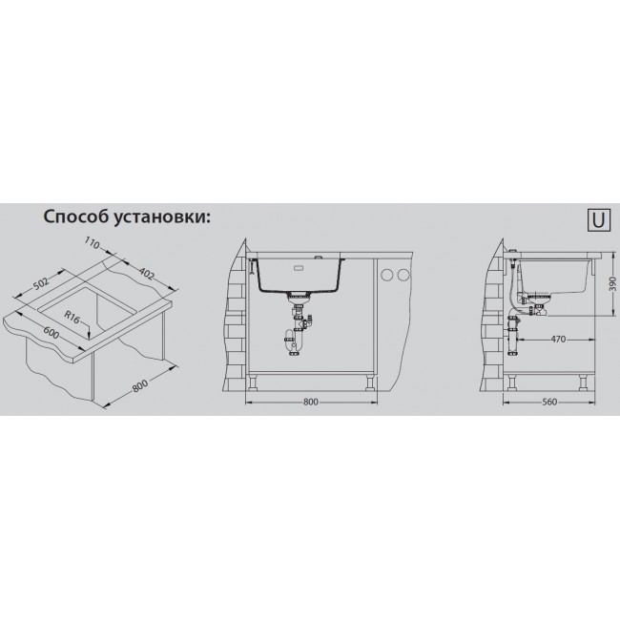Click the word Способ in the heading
tap(75, 217)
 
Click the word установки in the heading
tap(162, 217)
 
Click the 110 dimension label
tap(92, 244)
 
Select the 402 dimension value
tap(147, 274)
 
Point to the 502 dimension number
tap(41, 283)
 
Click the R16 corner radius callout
tap(72, 317)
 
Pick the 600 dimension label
tap(51, 333)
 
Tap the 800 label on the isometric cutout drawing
tap(139, 386)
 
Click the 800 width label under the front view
tap(311, 402)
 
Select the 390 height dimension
tap(612, 283)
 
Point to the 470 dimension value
tap(558, 339)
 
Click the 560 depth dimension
tap(549, 402)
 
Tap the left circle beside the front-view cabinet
tap(386, 275)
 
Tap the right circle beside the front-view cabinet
tap(403, 275)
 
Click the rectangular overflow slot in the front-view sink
tap(299, 267)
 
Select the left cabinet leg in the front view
tap(252, 382)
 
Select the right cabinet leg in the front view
tap(370, 382)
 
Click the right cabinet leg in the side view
tap(583, 382)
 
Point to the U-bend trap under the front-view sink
tap(293, 341)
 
